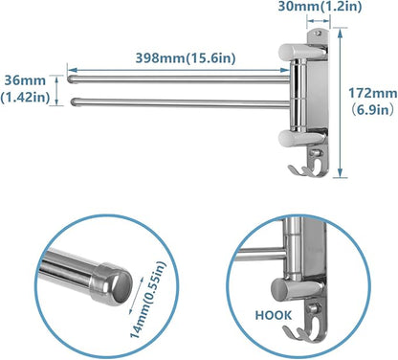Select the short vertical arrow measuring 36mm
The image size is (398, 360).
click(66, 89)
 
